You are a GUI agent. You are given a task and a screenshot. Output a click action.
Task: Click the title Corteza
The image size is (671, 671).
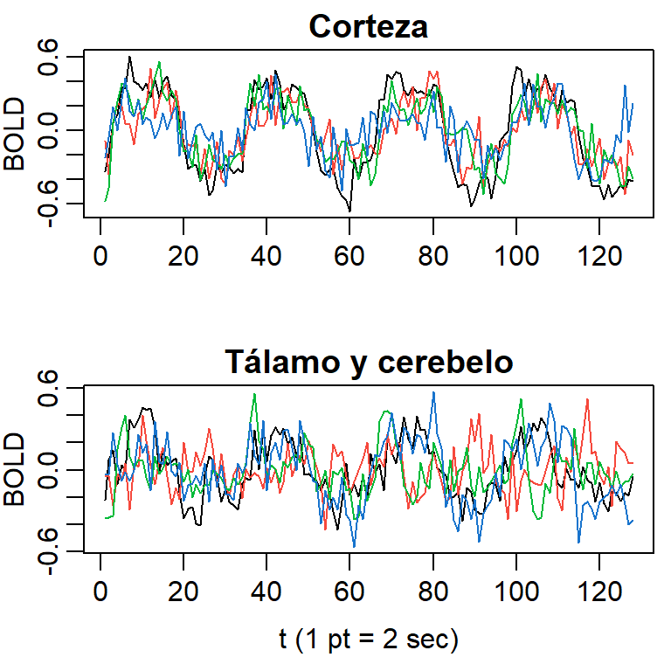tap(368, 27)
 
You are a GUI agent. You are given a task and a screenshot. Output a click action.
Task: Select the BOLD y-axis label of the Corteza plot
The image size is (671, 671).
tap(15, 132)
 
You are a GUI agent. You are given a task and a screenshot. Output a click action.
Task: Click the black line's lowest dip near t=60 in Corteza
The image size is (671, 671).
tap(349, 211)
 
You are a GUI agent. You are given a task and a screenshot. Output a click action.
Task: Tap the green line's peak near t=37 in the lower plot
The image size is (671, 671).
tap(254, 394)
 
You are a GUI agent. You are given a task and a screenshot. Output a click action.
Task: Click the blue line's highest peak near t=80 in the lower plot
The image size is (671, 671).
tap(432, 393)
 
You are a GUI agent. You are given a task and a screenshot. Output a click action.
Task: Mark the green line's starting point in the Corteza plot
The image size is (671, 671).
tap(104, 201)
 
